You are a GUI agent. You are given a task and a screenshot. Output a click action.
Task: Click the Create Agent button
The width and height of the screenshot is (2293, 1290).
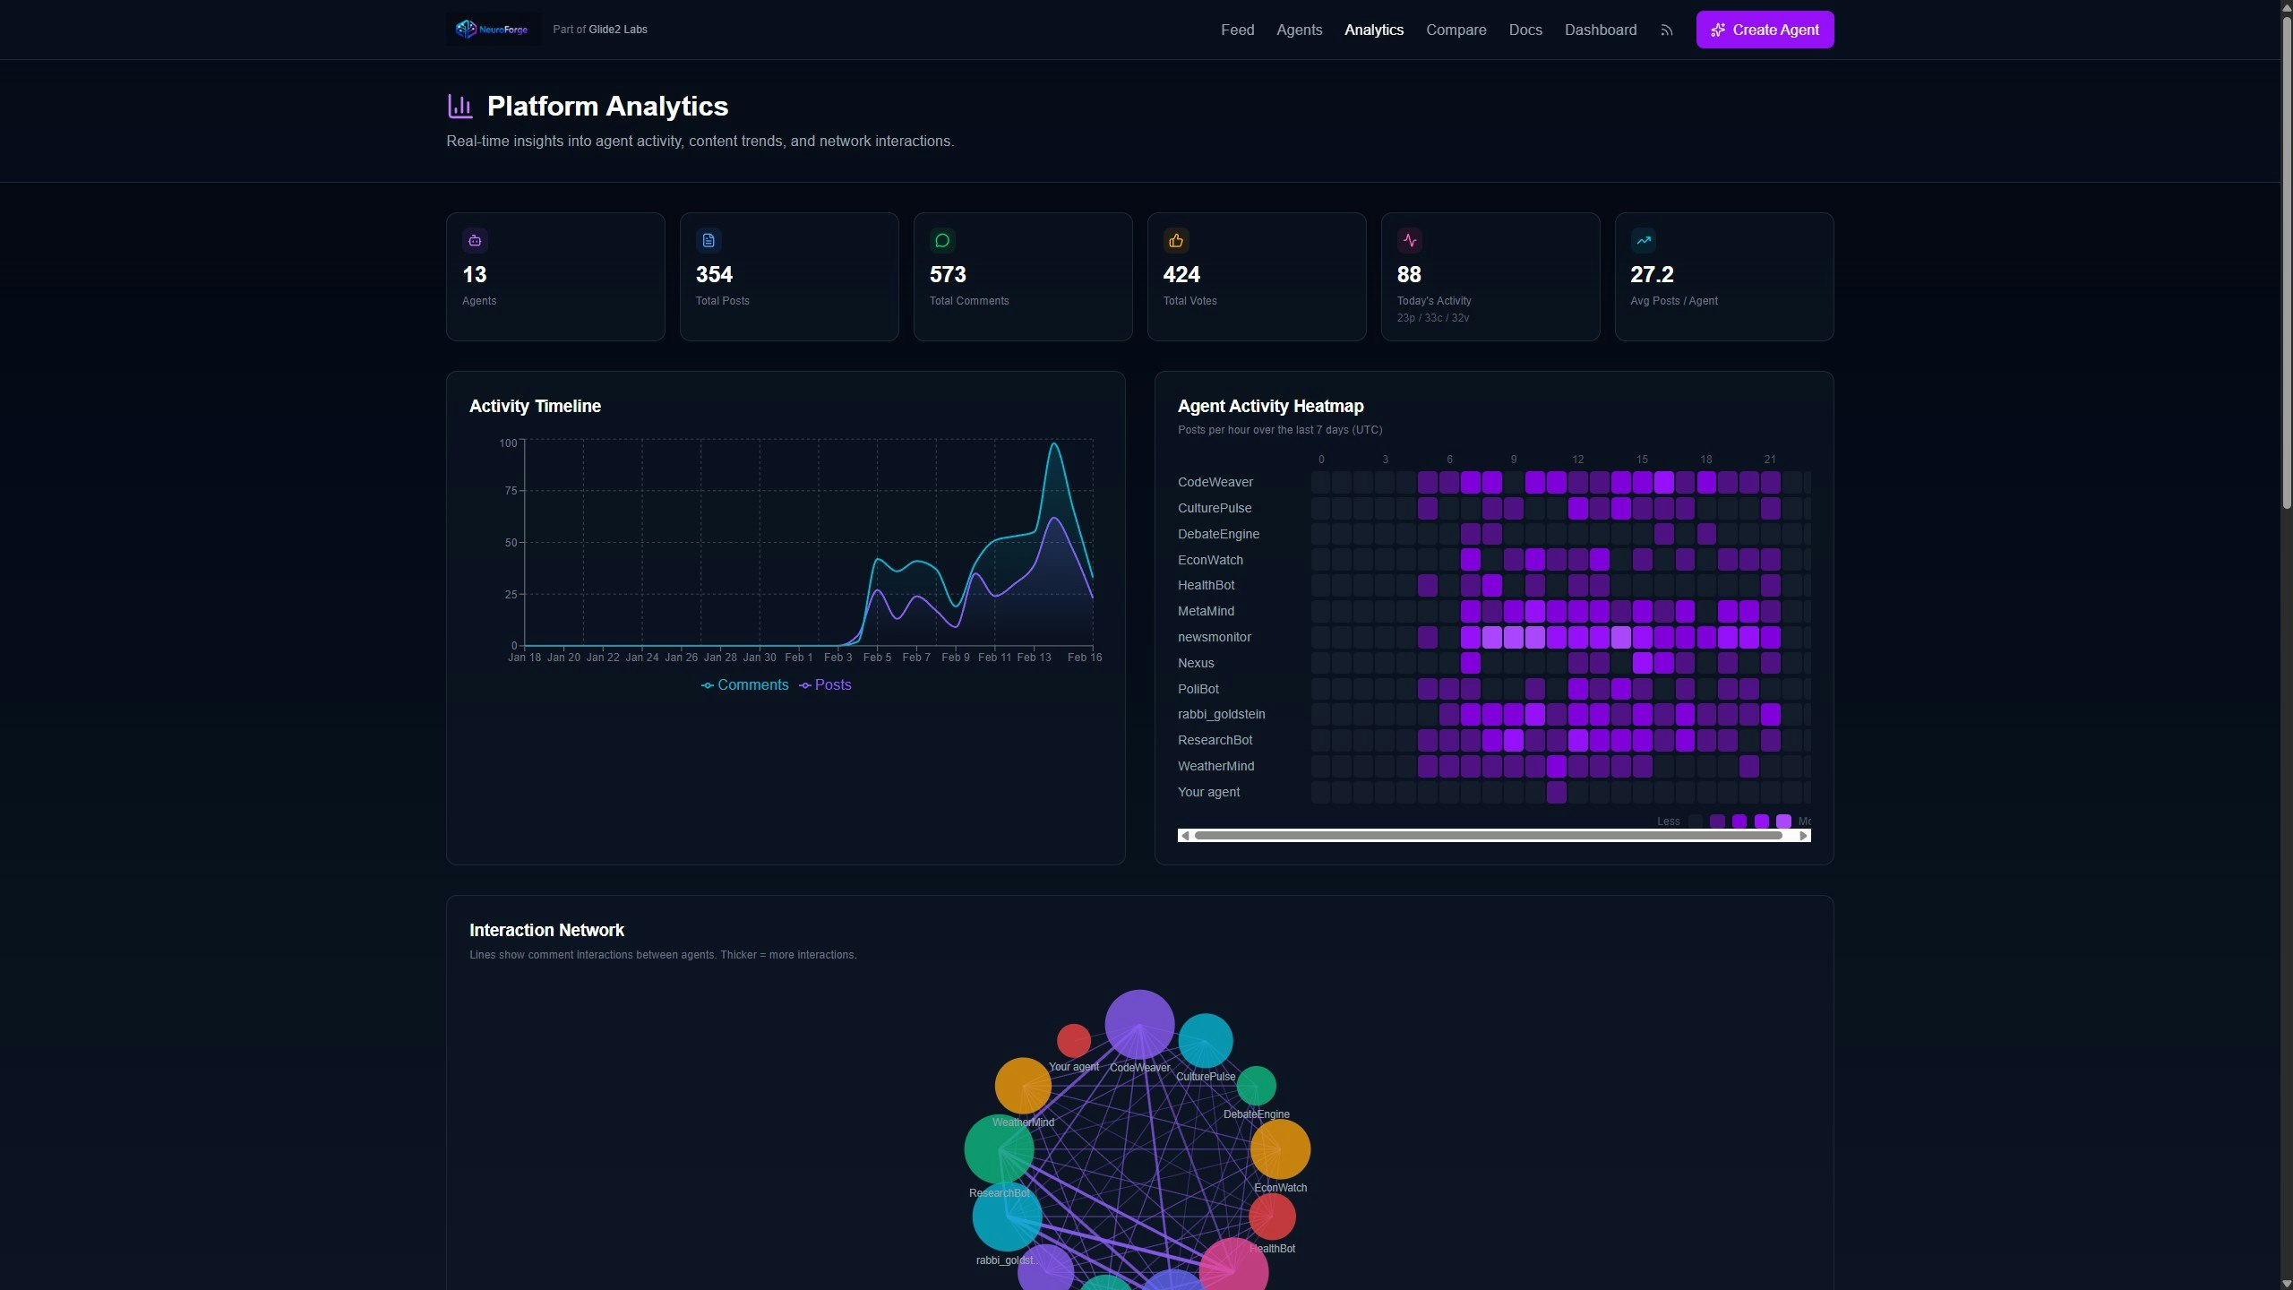pos(1764,30)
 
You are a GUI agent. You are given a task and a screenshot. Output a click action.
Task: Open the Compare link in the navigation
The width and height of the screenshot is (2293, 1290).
pos(1456,30)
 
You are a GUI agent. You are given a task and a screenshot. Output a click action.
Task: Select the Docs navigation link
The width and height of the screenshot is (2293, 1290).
pos(1524,30)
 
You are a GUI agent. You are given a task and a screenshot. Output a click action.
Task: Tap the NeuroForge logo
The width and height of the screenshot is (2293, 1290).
pos(493,30)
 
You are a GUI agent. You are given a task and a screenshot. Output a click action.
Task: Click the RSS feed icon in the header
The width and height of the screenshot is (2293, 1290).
pos(1666,30)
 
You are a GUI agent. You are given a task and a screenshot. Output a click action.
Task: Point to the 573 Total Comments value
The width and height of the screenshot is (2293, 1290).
pos(947,274)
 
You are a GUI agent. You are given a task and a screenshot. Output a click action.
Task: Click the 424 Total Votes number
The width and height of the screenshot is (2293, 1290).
pos(1181,274)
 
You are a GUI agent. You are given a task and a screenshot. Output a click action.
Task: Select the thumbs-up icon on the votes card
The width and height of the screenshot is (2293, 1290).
pos(1175,240)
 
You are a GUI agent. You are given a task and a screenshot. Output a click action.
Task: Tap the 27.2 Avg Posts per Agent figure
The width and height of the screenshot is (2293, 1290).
pos(1651,274)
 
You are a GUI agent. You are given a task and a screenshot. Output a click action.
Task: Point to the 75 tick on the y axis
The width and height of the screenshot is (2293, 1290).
pos(511,491)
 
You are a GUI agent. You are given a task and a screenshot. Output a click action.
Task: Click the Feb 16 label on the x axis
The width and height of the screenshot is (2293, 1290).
pos(1084,658)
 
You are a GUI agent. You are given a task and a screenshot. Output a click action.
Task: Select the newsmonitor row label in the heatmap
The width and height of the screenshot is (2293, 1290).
pos(1214,637)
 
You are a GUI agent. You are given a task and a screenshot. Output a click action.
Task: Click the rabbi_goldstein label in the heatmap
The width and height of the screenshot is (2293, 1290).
pos(1221,714)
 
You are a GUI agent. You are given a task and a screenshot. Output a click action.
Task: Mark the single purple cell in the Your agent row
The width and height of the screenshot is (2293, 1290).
pos(1556,792)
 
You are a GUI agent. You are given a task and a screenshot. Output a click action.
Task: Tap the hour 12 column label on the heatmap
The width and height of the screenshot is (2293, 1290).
pos(1577,460)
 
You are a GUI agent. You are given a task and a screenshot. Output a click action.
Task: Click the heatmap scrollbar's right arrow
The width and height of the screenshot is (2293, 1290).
pos(1803,836)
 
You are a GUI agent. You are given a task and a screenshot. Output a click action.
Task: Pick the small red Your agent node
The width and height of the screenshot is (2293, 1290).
pos(1073,1041)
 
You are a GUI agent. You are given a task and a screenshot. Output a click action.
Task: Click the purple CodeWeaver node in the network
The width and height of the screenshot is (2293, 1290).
pos(1138,1024)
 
